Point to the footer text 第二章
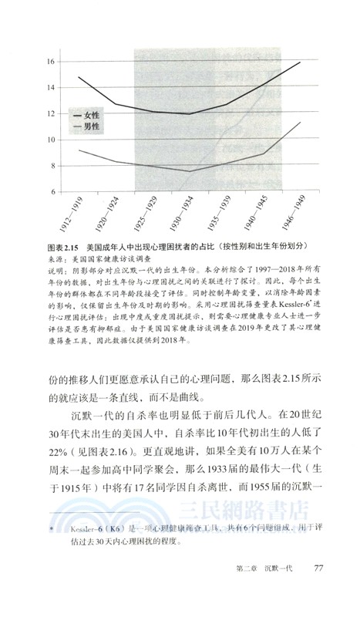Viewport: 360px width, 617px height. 249,591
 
